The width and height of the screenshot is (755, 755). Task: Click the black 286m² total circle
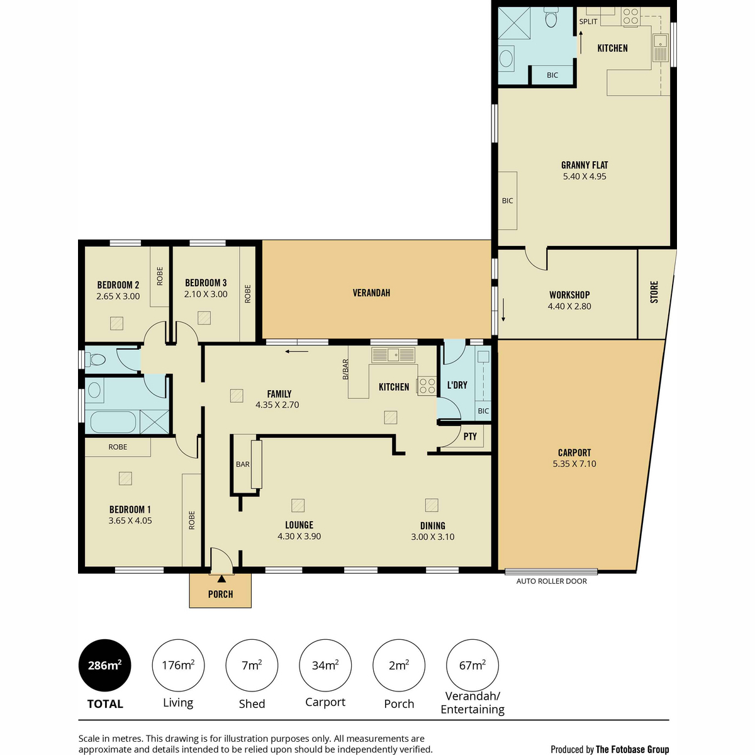point(104,665)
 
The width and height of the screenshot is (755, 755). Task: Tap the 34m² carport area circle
point(325,665)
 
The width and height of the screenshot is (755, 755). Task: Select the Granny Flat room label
point(584,165)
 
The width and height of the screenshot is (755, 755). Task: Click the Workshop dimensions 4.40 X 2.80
point(569,306)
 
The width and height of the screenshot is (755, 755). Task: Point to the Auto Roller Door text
point(551,581)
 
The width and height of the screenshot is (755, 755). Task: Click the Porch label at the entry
point(220,595)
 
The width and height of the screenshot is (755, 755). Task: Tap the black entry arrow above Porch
point(221,578)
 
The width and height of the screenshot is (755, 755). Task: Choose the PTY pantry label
point(470,437)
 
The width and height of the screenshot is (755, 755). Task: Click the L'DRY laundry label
point(457,385)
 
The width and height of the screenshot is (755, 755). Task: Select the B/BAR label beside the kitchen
point(345,369)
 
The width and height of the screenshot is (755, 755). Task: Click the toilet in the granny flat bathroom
point(551,18)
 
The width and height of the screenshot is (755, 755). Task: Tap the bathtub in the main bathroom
point(113,422)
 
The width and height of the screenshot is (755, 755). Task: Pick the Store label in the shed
point(654,292)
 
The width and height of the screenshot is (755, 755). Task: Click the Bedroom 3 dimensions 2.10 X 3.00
point(206,294)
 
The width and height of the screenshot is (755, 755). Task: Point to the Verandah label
point(371,293)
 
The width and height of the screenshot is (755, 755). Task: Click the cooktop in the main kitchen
point(427,385)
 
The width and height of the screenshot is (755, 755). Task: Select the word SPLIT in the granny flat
point(588,22)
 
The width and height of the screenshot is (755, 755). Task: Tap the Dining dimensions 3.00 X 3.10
point(432,537)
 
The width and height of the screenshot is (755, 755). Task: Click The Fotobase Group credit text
point(632,749)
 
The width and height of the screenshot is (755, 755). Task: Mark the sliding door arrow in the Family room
point(297,352)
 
